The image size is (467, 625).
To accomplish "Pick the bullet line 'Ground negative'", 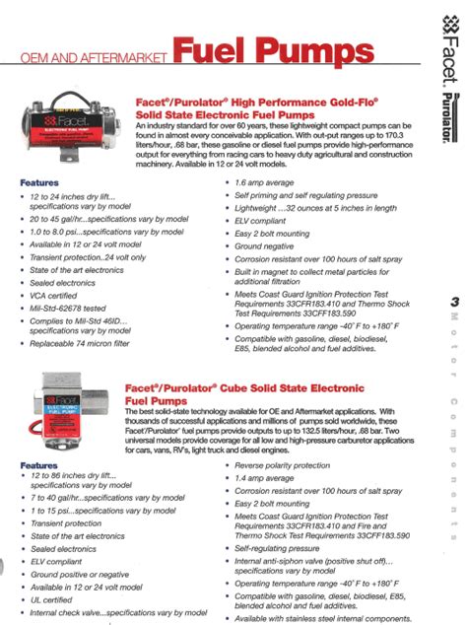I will [x=271, y=245].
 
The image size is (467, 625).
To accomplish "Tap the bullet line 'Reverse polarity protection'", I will [x=291, y=464].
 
